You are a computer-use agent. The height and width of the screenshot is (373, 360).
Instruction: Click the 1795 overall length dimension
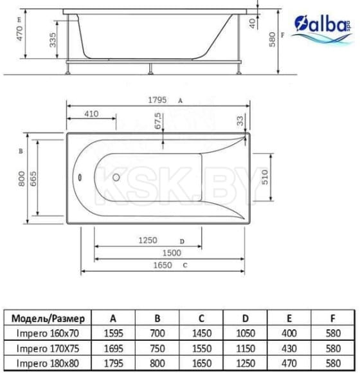157,100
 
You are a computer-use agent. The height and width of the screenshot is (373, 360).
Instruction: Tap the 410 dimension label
91,114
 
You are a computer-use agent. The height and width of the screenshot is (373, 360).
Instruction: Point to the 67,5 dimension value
158,120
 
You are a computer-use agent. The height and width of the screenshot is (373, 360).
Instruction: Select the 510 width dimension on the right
264,177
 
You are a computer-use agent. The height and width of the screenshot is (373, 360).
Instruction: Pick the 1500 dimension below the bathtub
170,253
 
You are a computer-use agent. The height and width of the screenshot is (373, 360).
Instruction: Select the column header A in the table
113,318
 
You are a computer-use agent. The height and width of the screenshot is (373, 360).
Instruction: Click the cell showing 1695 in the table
113,349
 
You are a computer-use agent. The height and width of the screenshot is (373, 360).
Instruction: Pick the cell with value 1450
201,333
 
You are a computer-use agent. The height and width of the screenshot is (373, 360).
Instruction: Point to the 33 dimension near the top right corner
239,120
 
